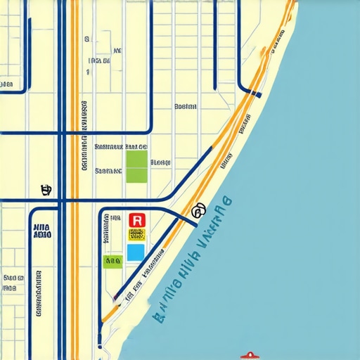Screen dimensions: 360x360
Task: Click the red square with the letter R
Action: [x=137, y=220]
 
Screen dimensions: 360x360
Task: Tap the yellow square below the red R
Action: [x=136, y=235]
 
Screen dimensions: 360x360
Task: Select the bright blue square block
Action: [x=136, y=252]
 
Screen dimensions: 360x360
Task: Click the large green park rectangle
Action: [x=136, y=166]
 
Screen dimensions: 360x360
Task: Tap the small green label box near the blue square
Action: [x=112, y=262]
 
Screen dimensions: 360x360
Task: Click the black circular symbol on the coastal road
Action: [x=198, y=209]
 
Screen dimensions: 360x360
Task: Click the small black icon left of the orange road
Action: [x=46, y=189]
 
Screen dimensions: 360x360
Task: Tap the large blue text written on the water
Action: [x=190, y=257]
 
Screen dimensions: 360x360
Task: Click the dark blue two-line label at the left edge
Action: [x=41, y=232]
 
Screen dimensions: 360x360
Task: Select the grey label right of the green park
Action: [x=161, y=162]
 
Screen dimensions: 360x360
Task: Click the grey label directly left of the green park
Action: [x=109, y=170]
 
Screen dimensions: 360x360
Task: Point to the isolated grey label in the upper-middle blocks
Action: [x=185, y=107]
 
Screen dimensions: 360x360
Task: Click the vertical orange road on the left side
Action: [x=74, y=105]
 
